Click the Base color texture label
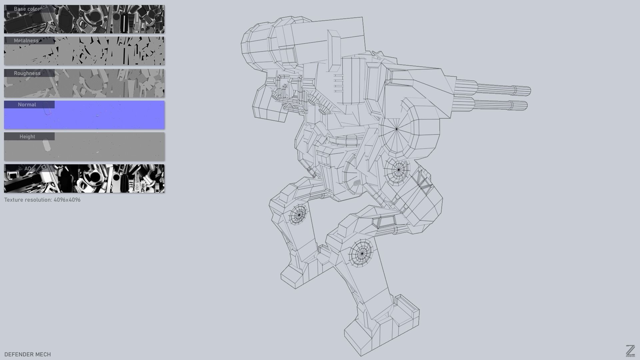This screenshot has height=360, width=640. point(27,9)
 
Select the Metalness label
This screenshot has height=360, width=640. point(26,41)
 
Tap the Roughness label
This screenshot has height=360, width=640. point(27,73)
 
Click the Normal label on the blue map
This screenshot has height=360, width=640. point(27,105)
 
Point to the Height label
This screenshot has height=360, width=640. point(27,137)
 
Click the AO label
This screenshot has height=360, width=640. point(28,169)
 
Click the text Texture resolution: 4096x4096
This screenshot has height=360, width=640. point(42,200)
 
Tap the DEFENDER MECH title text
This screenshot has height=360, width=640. point(28,354)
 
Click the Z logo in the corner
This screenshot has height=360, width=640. point(630,351)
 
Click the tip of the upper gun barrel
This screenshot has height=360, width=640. point(529,91)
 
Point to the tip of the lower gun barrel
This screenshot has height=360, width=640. point(526,106)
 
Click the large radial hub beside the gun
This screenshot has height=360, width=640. point(397,129)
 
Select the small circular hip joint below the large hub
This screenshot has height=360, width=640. point(399,170)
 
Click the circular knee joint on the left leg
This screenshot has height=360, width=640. point(299,215)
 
